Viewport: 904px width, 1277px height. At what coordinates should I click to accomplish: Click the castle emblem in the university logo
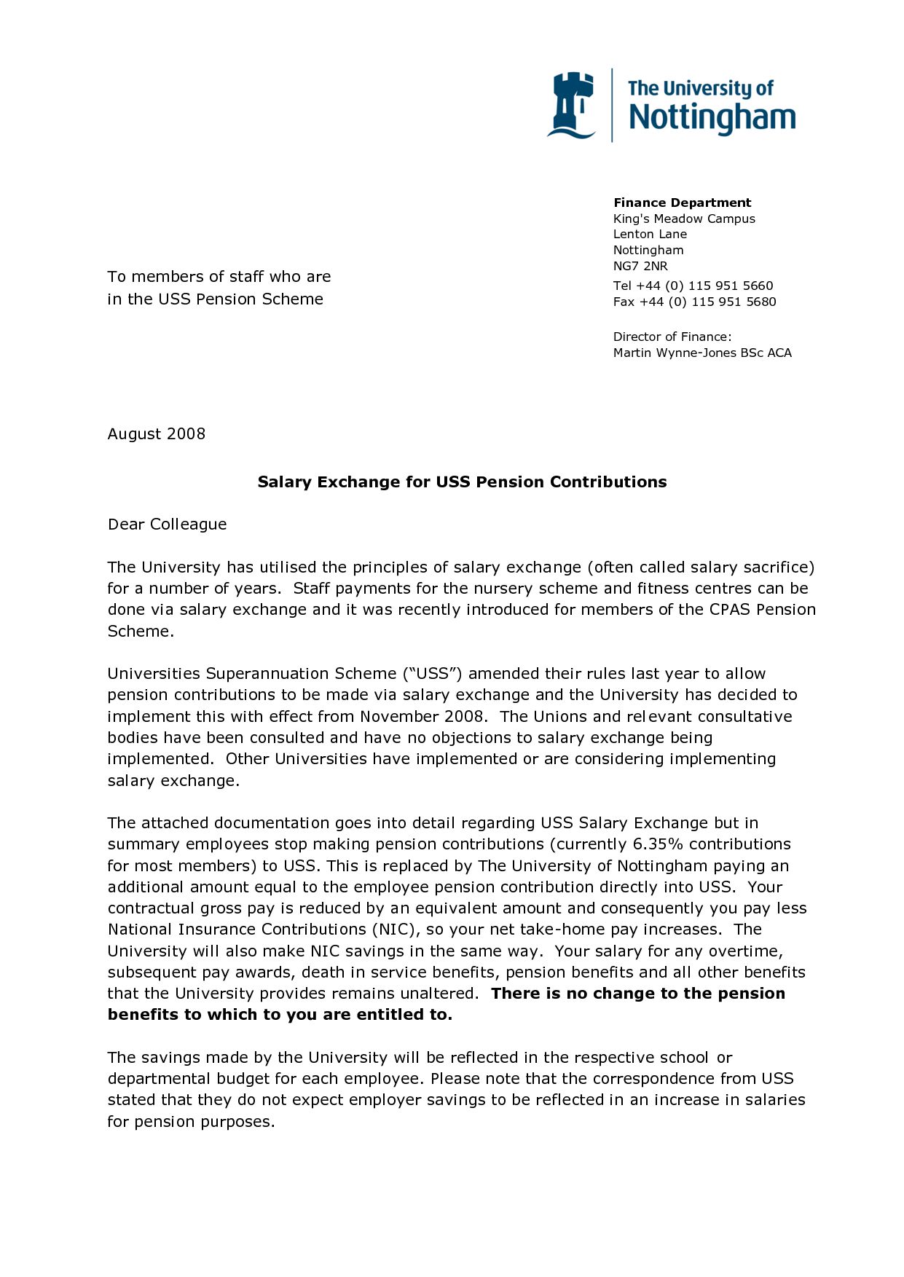573,105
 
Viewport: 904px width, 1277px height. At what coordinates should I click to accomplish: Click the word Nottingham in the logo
712,118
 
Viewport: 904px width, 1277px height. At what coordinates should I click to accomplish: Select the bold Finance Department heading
682,203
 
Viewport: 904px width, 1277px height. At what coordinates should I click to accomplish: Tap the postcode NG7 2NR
640,266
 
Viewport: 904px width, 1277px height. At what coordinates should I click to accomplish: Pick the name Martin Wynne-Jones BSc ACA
702,353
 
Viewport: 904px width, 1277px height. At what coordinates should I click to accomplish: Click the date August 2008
157,434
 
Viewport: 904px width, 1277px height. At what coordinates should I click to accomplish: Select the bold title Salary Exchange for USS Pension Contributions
462,482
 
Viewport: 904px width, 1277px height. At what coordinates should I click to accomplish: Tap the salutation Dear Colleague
168,524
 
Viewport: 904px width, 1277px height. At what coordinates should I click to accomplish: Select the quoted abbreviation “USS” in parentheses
433,674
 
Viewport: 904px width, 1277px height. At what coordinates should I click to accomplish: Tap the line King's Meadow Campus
684,219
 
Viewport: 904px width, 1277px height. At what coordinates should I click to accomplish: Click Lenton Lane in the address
650,234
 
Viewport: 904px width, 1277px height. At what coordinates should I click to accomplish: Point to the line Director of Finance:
672,337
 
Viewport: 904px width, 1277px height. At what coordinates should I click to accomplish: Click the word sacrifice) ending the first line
779,567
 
